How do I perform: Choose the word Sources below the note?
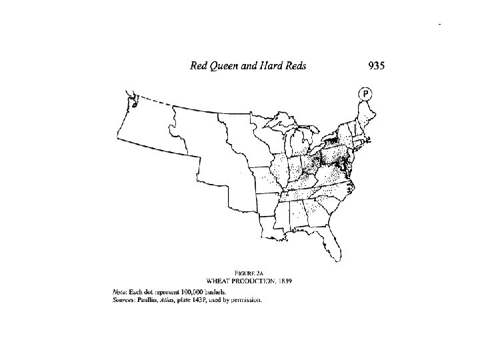pyautogui.click(x=124, y=300)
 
